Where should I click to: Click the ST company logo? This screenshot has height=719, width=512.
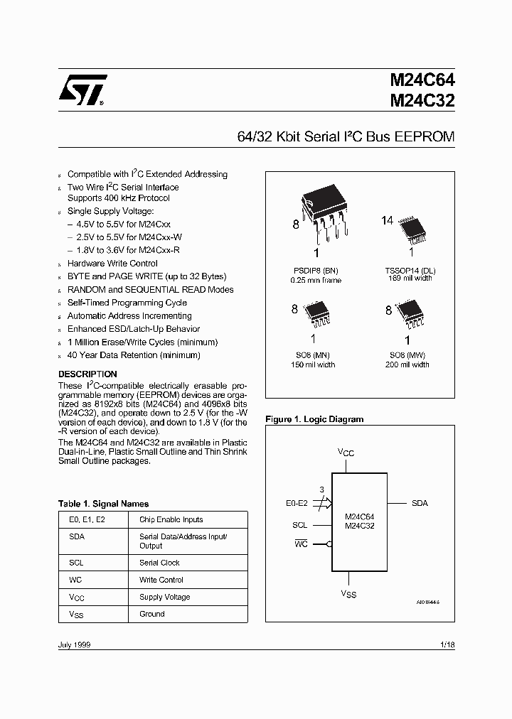click(82, 90)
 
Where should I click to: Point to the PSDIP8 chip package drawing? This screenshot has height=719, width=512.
click(324, 216)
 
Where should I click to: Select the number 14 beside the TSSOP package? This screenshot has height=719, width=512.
click(387, 221)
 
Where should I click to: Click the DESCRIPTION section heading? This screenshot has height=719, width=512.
click(87, 374)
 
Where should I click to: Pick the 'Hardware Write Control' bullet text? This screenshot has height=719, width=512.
click(112, 264)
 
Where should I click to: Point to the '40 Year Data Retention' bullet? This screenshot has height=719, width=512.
click(134, 355)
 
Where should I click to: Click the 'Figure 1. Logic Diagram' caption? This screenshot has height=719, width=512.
click(314, 419)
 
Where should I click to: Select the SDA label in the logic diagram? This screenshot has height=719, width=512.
click(420, 503)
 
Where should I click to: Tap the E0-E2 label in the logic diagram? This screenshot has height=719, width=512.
click(296, 503)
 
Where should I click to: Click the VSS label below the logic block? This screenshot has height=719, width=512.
click(348, 594)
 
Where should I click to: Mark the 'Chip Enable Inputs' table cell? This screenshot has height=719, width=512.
click(171, 519)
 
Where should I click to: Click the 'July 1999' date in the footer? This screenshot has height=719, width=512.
click(74, 644)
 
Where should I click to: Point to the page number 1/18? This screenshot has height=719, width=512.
click(447, 644)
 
